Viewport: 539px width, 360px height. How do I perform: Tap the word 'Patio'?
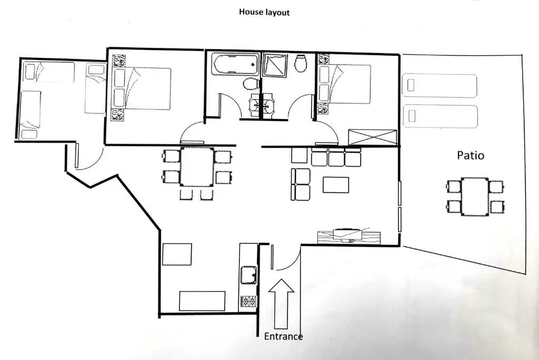470,156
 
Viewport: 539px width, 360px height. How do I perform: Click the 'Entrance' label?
283,336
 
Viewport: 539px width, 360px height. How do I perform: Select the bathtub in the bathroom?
235,65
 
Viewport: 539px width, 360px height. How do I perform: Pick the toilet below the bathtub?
251,84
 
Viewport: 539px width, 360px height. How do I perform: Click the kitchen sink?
248,275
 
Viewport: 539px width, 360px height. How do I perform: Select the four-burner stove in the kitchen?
248,302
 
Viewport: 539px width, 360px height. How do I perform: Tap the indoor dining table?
197,167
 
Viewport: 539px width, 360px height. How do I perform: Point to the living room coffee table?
336,185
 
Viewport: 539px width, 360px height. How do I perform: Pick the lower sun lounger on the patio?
440,115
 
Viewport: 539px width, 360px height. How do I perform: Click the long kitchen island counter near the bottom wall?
202,301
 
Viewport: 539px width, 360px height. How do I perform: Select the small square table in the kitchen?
177,254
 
